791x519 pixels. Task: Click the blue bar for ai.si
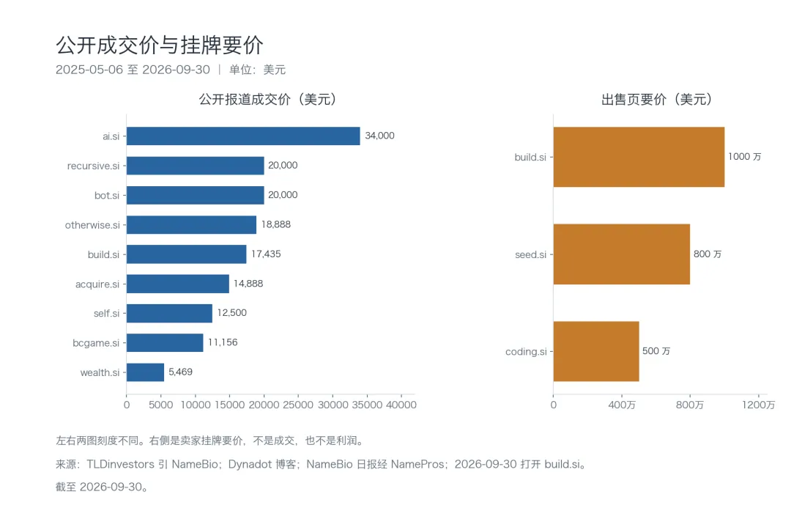[243, 136]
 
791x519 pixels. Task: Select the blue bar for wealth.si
[145, 372]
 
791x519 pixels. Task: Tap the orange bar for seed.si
[622, 254]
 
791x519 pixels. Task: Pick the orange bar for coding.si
[596, 351]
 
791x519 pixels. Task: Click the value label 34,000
[380, 136]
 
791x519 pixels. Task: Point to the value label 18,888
[276, 224]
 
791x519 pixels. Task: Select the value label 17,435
[266, 254]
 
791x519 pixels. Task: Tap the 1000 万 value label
[745, 157]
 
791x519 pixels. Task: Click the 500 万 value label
[656, 351]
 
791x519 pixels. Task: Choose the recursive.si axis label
[93, 166]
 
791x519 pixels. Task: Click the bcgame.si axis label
[96, 343]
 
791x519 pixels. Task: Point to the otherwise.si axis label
[92, 224]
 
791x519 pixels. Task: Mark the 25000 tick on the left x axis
[298, 405]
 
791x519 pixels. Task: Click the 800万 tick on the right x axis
[690, 405]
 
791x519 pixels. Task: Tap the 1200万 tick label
[758, 405]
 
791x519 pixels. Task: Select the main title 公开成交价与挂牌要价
[160, 45]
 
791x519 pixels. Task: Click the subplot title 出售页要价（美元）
[656, 99]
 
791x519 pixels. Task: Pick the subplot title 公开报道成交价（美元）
[267, 99]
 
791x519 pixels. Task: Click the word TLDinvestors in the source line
[121, 464]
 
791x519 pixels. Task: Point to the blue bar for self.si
[169, 313]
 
